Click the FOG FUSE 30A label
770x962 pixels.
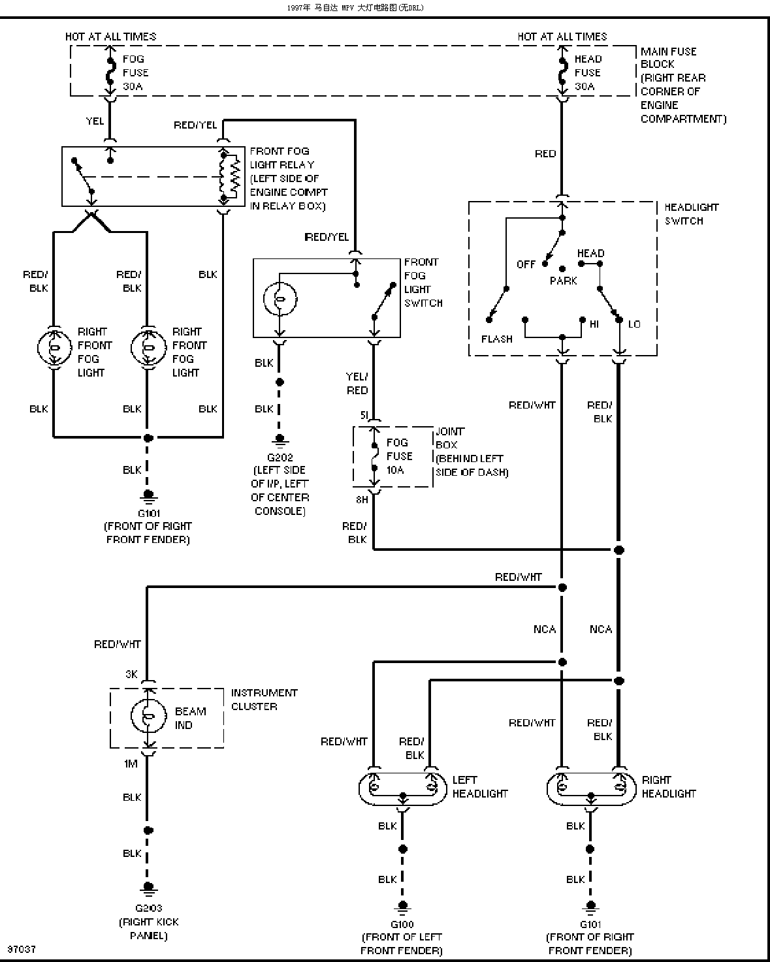136,72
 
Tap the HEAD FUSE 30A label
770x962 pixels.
588,72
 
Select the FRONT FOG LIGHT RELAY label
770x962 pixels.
289,178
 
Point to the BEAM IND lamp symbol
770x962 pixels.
148,716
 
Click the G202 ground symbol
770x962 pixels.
280,441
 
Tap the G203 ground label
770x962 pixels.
148,908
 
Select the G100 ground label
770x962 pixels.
402,924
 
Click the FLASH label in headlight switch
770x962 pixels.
496,339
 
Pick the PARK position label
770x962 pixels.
563,281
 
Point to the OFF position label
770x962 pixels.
526,264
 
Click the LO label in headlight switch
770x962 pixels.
634,324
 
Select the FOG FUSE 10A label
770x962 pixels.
399,456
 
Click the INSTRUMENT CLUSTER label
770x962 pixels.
264,699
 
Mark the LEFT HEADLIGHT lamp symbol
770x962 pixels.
403,790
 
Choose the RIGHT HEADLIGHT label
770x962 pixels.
668,786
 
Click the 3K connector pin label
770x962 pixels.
131,674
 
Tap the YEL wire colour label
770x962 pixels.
95,121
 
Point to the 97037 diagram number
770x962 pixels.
22,948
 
